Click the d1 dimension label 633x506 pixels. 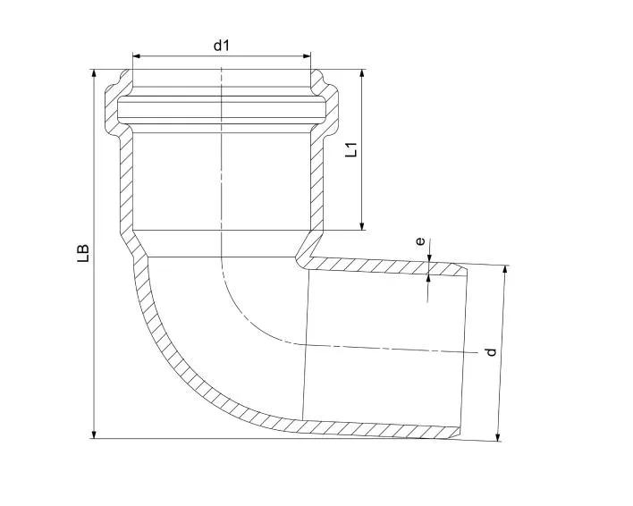coord(221,46)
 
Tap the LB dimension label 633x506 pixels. coord(83,254)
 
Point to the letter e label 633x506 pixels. coord(420,241)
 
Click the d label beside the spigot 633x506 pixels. coord(491,352)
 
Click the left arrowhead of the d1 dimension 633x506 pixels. coord(137,55)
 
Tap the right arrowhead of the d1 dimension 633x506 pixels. coord(308,55)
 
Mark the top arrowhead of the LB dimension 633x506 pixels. coord(94,73)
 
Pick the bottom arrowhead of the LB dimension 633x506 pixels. coord(94,434)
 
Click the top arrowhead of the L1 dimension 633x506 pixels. coord(362,73)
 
